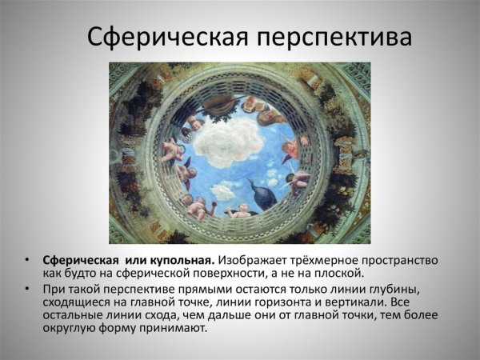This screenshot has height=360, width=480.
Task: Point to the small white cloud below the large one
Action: coord(223,192)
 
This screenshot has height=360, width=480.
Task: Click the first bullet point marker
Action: coord(27,260)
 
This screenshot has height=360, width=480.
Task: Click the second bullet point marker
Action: coord(27,287)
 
